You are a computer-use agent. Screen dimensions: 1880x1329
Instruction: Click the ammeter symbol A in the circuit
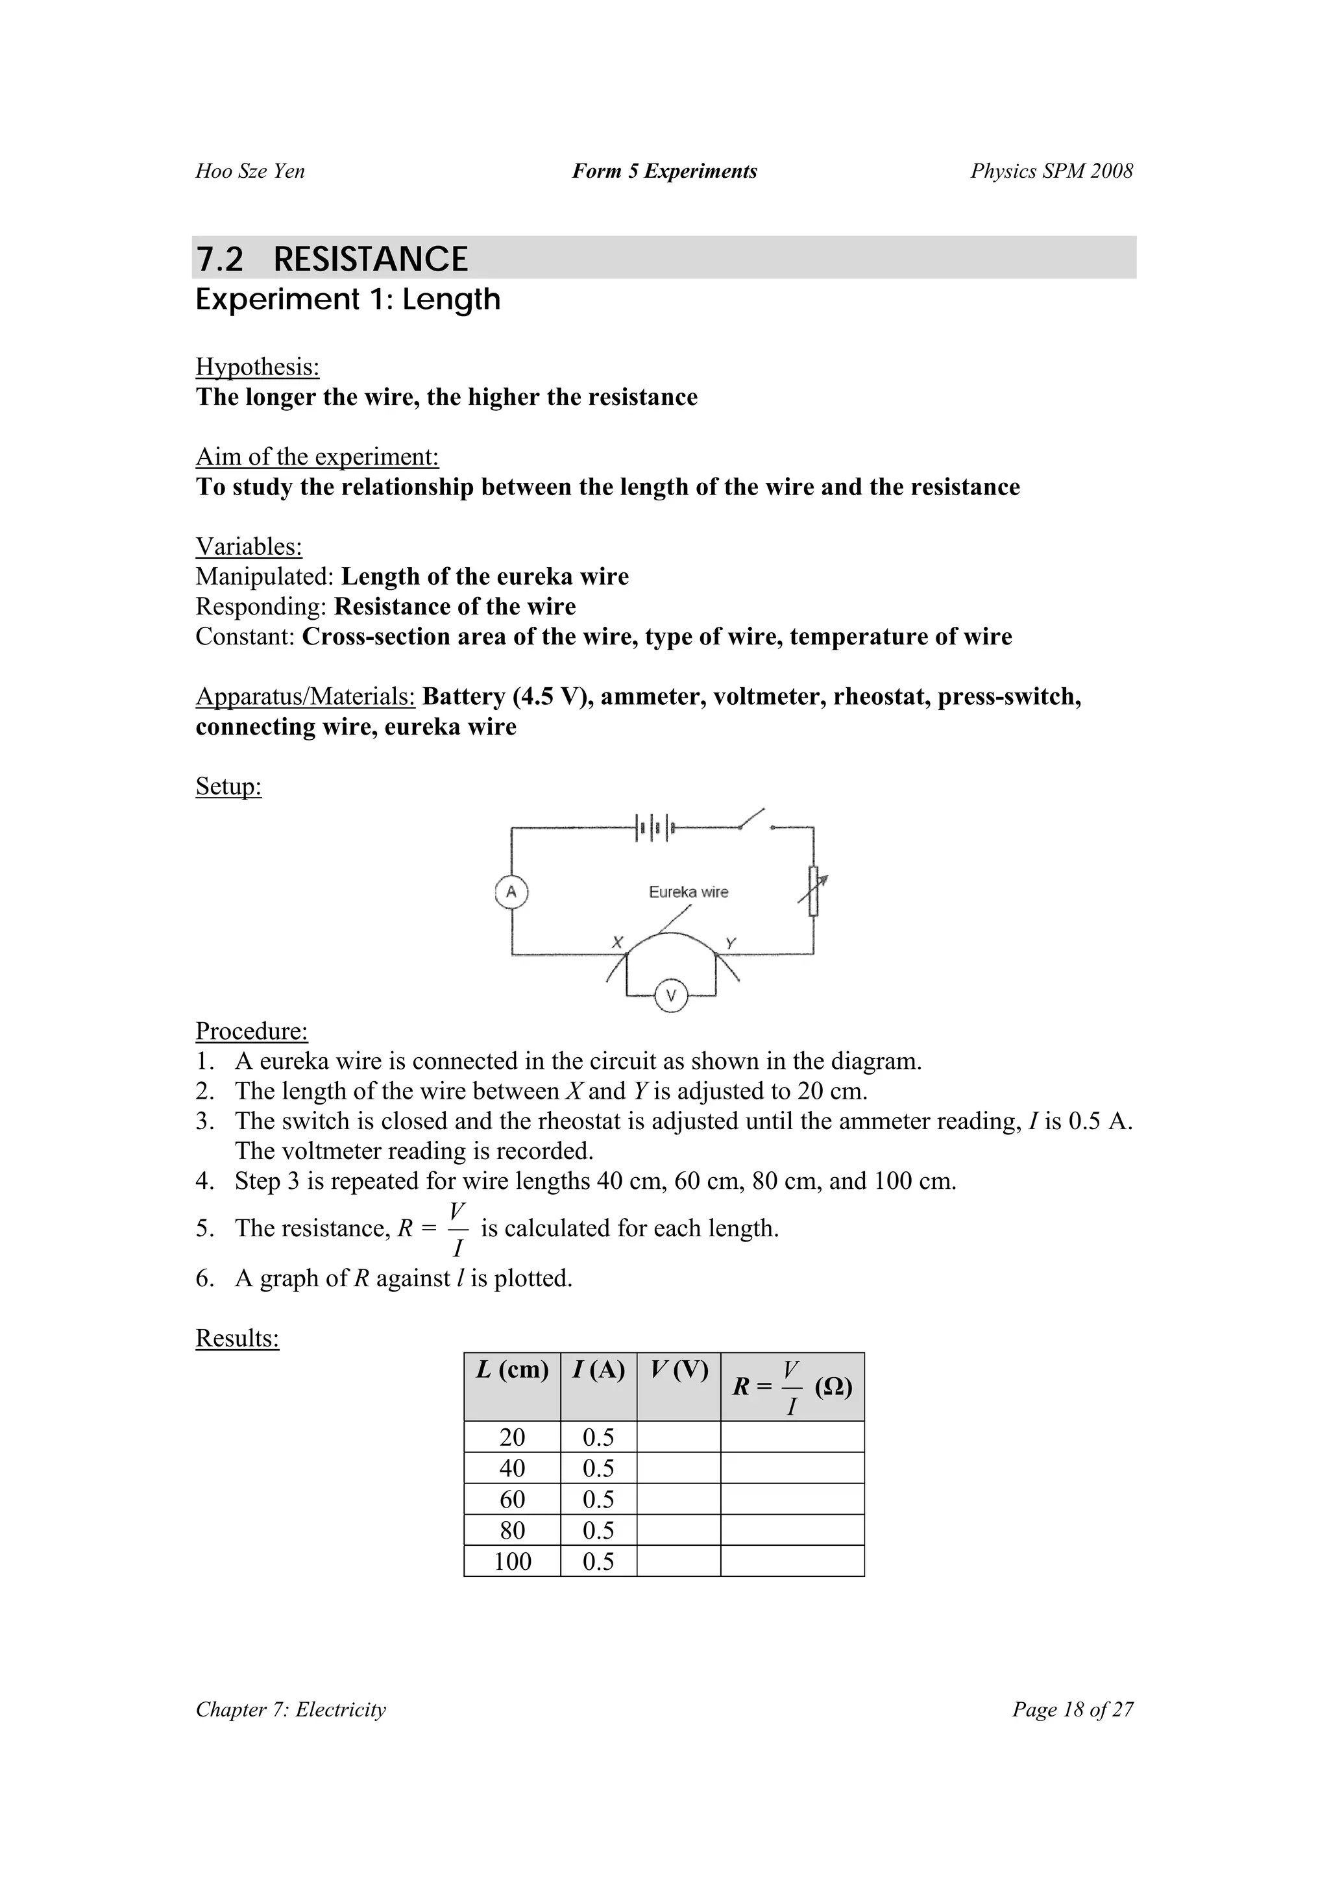(512, 892)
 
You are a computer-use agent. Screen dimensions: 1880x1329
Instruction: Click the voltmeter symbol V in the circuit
(672, 995)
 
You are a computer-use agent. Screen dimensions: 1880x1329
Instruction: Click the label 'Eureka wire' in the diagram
(688, 892)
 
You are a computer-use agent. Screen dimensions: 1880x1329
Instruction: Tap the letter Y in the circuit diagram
(731, 944)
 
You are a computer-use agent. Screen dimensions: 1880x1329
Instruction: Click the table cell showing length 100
(513, 1561)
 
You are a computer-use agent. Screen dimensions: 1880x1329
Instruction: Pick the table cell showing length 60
(513, 1498)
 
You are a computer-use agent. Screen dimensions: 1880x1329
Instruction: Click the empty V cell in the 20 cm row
(679, 1437)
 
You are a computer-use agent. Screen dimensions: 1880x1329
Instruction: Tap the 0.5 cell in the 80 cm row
(598, 1530)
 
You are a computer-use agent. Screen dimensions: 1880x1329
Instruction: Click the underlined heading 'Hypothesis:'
(257, 367)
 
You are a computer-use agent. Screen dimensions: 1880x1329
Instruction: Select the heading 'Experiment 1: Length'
(347, 300)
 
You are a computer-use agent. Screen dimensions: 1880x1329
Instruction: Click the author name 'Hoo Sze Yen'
(250, 171)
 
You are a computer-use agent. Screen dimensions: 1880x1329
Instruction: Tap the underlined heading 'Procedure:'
(251, 1031)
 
